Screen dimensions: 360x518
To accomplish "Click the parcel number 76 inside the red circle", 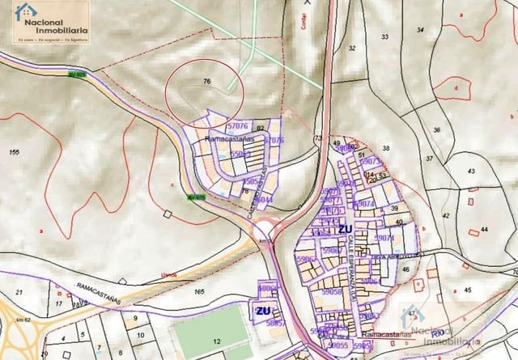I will pyautogui.click(x=207, y=82).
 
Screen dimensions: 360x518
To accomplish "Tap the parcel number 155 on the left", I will pyautogui.click(x=14, y=152).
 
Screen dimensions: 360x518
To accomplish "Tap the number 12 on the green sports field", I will pyautogui.click(x=216, y=342).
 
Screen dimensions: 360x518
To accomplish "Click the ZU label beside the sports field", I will pyautogui.click(x=263, y=311).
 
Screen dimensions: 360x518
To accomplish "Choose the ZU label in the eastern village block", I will pyautogui.click(x=346, y=229).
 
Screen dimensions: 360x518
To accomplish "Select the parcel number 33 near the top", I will pyautogui.click(x=384, y=37).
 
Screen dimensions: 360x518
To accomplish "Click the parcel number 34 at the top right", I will pyautogui.click(x=419, y=30).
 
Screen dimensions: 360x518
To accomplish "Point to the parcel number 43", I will pyautogui.click(x=471, y=171).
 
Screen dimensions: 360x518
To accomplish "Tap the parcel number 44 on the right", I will pyautogui.click(x=484, y=231).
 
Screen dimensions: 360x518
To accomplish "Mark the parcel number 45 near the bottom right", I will pyautogui.click(x=467, y=290).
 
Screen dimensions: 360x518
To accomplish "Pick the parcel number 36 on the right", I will pyautogui.click(x=436, y=130).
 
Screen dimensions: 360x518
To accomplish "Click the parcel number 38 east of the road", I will pyautogui.click(x=386, y=148).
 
